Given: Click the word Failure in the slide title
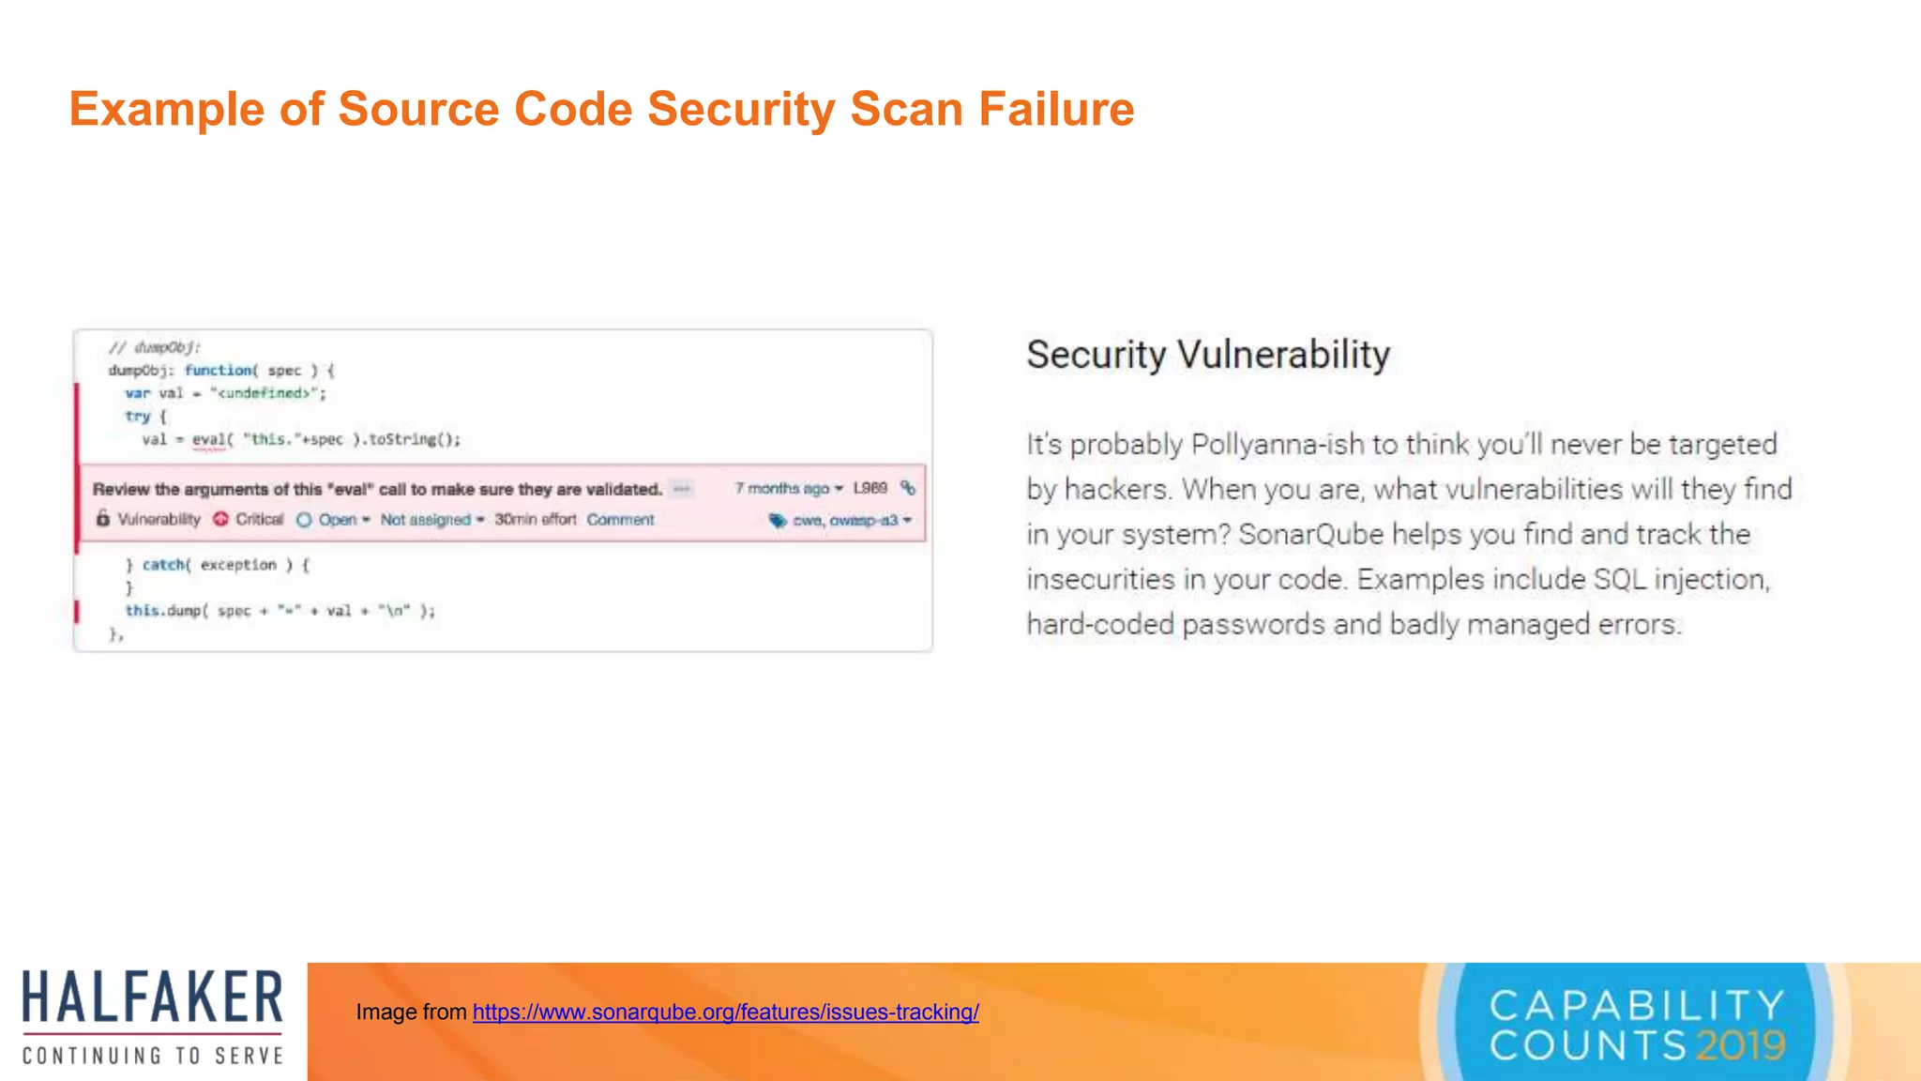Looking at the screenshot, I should pyautogui.click(x=1056, y=109).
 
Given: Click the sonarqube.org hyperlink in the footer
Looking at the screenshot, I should pyautogui.click(x=725, y=1012).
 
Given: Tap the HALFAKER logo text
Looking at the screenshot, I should pyautogui.click(x=152, y=997).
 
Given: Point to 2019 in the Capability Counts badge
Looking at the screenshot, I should pyautogui.click(x=1740, y=1045).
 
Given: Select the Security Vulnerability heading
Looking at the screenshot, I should pyautogui.click(x=1207, y=355).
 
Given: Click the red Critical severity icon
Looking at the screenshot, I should pyautogui.click(x=220, y=519).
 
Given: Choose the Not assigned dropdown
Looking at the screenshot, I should pyautogui.click(x=431, y=520).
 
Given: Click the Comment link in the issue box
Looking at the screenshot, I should pyautogui.click(x=620, y=520).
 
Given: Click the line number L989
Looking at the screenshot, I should pyautogui.click(x=870, y=488).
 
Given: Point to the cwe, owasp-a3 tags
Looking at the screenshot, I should pyautogui.click(x=844, y=520).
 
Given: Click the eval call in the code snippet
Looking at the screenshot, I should pyautogui.click(x=208, y=439).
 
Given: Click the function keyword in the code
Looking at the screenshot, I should pyautogui.click(x=219, y=371).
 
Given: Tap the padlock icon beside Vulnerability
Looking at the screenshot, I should pyautogui.click(x=103, y=519).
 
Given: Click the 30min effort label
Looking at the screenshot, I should pyautogui.click(x=535, y=520).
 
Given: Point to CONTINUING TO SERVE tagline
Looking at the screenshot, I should pyautogui.click(x=153, y=1056).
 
